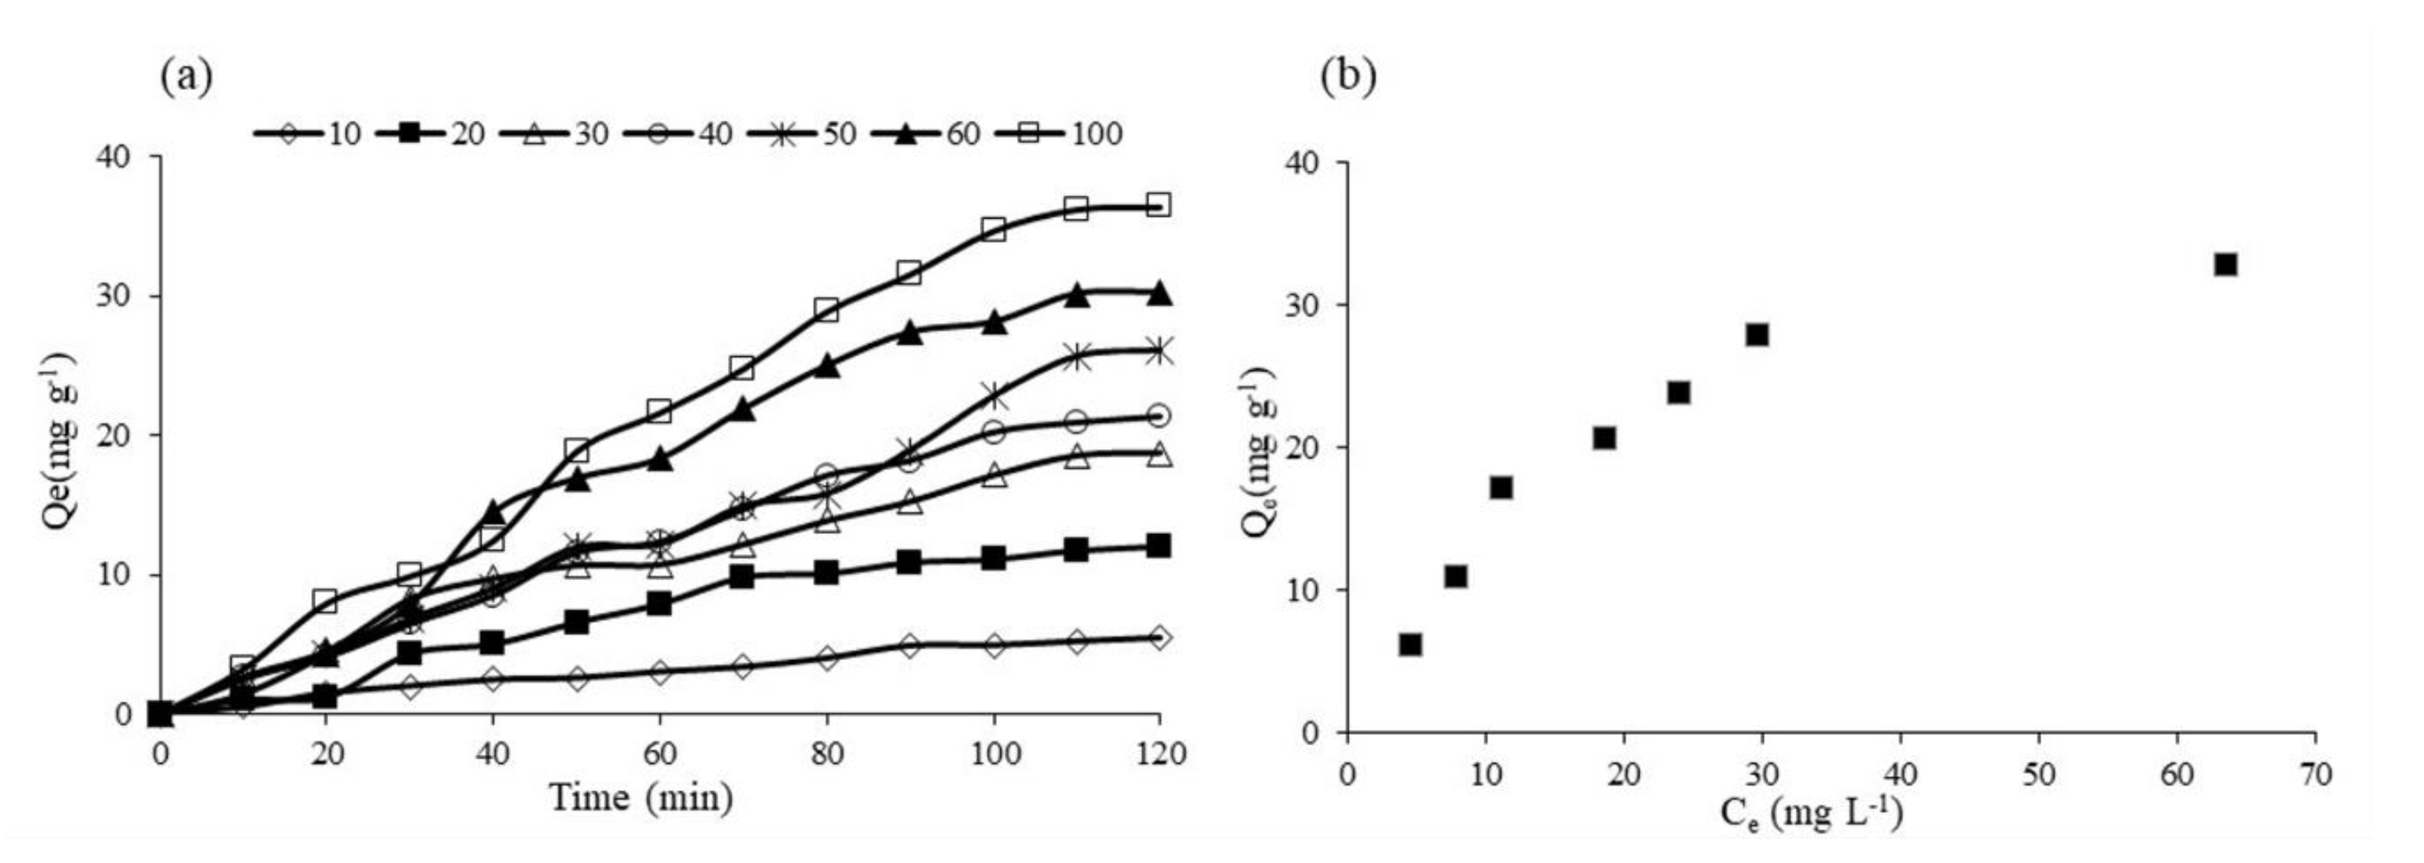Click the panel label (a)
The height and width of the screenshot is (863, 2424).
coord(186,76)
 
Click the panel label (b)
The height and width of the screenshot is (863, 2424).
coord(1349,76)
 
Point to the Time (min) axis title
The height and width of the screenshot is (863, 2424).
coord(641,798)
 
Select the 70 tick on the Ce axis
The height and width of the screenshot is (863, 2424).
coord(2315,774)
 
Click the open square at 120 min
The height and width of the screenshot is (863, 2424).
coord(1159,205)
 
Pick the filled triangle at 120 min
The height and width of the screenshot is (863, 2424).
coord(1159,293)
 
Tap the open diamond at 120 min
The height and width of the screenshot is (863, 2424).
coord(1159,637)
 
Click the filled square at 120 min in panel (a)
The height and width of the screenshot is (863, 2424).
coord(1159,546)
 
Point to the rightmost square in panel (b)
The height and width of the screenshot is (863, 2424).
coord(2224,265)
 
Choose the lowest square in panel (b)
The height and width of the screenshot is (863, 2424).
coord(1410,644)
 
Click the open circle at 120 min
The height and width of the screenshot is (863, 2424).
coord(1159,415)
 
